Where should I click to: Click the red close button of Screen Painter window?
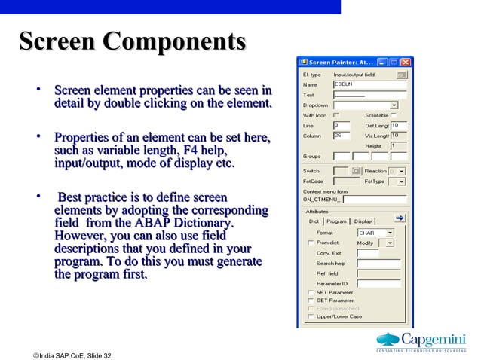tap(406, 62)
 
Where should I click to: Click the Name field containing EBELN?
tap(369, 85)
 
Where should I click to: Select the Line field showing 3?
tap(341, 125)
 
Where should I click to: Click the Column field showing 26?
tap(341, 136)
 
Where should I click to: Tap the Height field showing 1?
tap(398, 145)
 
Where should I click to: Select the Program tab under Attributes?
tap(337, 221)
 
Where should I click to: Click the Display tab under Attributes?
tap(363, 221)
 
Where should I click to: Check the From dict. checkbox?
tap(310, 243)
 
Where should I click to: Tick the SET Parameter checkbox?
tap(310, 292)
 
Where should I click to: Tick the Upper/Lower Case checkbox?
tap(310, 316)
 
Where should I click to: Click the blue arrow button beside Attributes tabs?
tap(400, 218)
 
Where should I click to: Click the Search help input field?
tap(378, 264)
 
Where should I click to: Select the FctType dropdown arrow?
tap(401, 182)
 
